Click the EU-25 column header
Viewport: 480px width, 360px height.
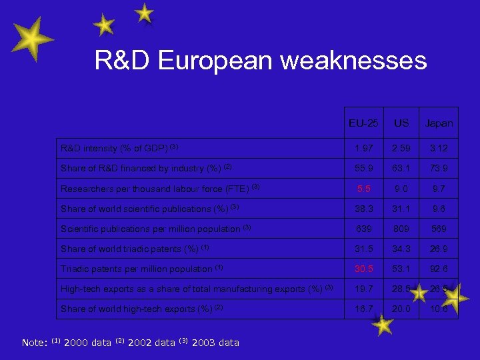tap(364, 123)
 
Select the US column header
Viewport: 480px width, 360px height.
tap(401, 123)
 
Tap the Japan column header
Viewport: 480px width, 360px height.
tap(439, 123)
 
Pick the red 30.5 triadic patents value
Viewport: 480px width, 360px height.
tap(364, 269)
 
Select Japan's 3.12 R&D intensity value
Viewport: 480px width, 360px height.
tap(439, 149)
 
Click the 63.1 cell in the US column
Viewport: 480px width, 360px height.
tap(401, 169)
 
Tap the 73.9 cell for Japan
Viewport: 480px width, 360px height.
tap(439, 169)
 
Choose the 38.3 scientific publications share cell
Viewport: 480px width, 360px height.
tap(364, 209)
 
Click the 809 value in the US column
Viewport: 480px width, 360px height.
tap(401, 229)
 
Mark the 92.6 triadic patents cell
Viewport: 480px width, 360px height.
tap(439, 269)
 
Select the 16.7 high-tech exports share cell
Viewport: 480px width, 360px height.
tap(364, 309)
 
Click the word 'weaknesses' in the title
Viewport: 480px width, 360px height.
tap(353, 61)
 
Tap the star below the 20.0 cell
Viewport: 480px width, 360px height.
tap(383, 325)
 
